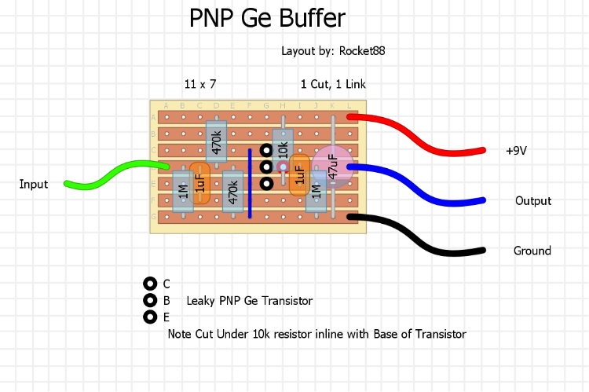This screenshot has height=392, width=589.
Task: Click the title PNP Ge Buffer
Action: pos(267,18)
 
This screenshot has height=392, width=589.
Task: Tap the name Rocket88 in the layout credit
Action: pos(362,51)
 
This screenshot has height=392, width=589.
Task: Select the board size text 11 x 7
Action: pos(200,84)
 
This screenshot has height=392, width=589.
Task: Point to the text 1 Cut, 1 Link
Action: pos(333,84)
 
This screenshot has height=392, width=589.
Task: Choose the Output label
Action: pos(533,201)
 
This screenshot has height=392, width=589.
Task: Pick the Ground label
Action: pos(532,251)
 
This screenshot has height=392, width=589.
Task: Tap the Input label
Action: pos(34,185)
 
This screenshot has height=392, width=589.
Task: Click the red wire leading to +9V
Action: pos(424,134)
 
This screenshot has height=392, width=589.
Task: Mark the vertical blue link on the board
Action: pos(250,182)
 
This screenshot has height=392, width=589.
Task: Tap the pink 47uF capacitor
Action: pos(332,167)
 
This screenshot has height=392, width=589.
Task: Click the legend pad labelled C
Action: pos(149,284)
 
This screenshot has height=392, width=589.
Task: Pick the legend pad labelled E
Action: pos(149,317)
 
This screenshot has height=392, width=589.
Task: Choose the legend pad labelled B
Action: pos(149,300)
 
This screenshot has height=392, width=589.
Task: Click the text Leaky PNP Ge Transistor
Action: pos(250,301)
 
